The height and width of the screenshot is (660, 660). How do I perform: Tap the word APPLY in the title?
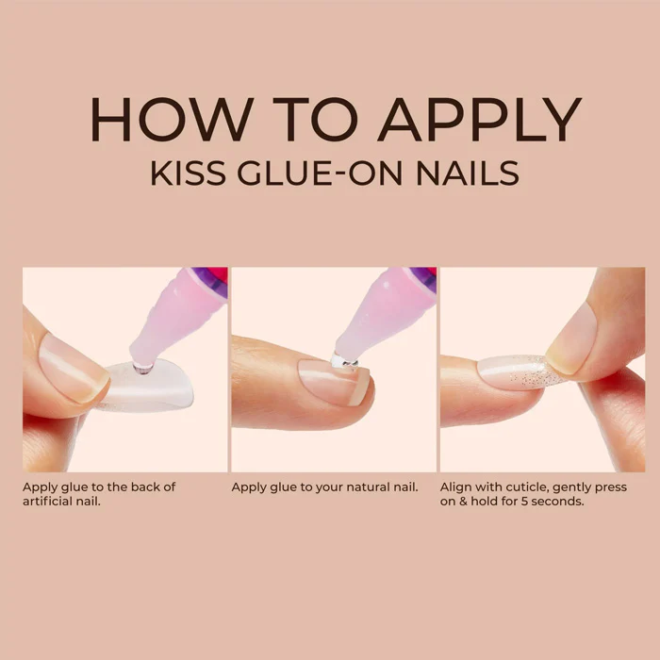click(x=479, y=120)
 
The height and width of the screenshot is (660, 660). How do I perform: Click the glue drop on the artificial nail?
click(x=142, y=369)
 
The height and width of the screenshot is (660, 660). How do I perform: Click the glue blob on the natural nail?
click(x=345, y=361)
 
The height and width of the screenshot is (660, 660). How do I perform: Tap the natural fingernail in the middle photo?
click(x=333, y=379)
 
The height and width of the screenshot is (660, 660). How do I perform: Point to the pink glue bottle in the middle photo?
click(x=385, y=315)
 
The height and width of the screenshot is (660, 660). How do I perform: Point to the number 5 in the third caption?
click(x=524, y=502)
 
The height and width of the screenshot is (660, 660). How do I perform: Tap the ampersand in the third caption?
click(x=463, y=502)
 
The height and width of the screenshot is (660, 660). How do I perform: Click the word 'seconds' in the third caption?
click(x=557, y=502)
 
